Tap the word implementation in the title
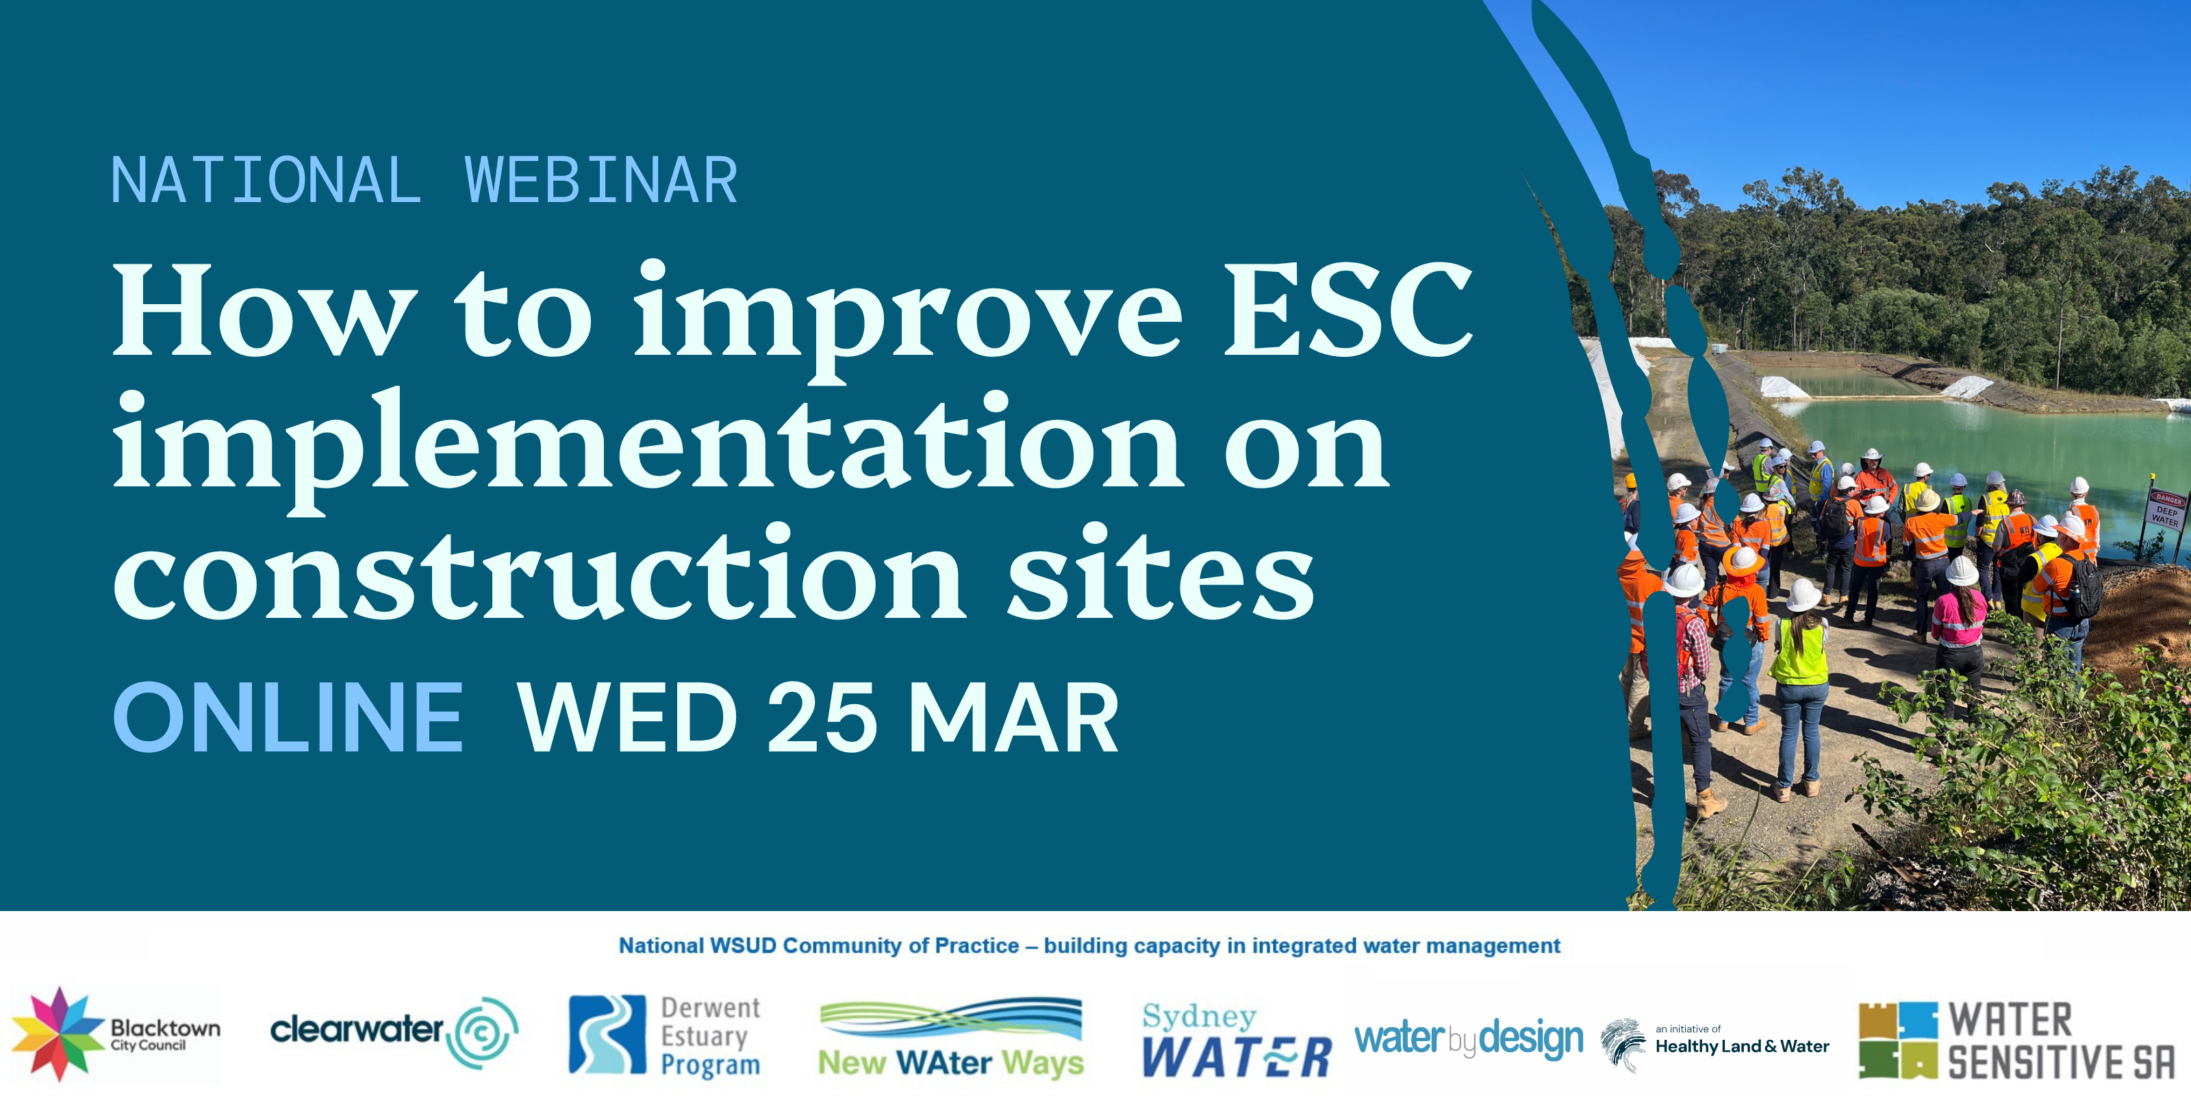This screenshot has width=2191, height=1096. click(647, 447)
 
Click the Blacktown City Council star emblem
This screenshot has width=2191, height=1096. click(58, 1034)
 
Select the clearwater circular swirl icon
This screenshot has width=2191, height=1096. click(482, 1033)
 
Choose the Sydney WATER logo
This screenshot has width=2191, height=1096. click(1237, 1040)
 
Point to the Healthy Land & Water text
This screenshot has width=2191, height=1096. click(1742, 1047)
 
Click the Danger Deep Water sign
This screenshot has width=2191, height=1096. click(2166, 510)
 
